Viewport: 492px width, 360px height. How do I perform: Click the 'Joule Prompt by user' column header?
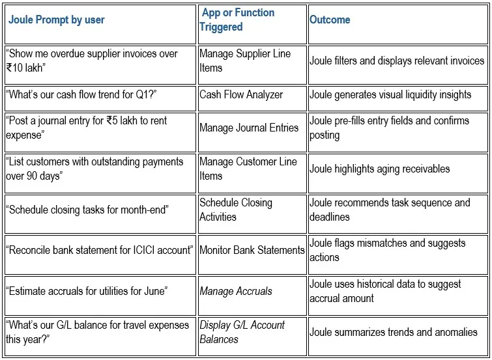coord(57,20)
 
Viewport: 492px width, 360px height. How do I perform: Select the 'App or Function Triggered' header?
coord(237,20)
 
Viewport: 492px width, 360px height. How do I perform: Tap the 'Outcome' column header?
coord(330,20)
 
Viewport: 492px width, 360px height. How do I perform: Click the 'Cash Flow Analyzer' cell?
coord(241,94)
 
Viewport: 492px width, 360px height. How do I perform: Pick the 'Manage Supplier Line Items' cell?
coord(245,61)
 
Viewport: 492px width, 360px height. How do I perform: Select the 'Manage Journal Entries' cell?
coord(249,128)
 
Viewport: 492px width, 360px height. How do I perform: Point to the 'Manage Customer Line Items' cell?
coord(248,169)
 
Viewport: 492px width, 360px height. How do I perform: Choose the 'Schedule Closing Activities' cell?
coord(236,210)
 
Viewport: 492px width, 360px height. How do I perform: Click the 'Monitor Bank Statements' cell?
coord(252,250)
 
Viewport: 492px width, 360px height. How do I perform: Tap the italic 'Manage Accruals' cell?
coord(236,291)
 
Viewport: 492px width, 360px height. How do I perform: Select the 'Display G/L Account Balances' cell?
coord(242,332)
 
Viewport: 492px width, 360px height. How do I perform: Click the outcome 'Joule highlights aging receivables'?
coord(380,169)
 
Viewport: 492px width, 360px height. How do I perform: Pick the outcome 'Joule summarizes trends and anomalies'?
coord(394,332)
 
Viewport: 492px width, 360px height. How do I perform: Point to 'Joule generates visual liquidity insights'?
coord(390,94)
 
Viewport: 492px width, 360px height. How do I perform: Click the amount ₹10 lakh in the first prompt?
coord(24,68)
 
